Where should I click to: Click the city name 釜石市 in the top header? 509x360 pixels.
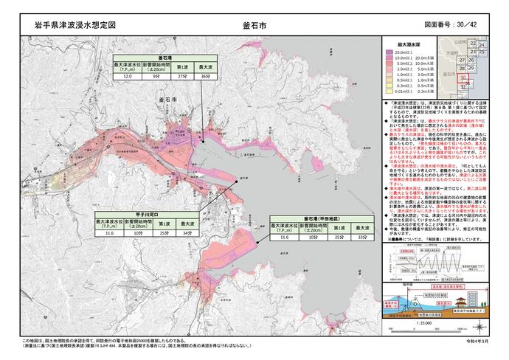tap(254, 24)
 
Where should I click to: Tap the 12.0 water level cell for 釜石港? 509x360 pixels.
tap(127, 76)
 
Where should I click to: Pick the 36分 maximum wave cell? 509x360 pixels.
tap(206, 76)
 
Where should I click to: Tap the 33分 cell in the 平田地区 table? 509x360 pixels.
tap(361, 239)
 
